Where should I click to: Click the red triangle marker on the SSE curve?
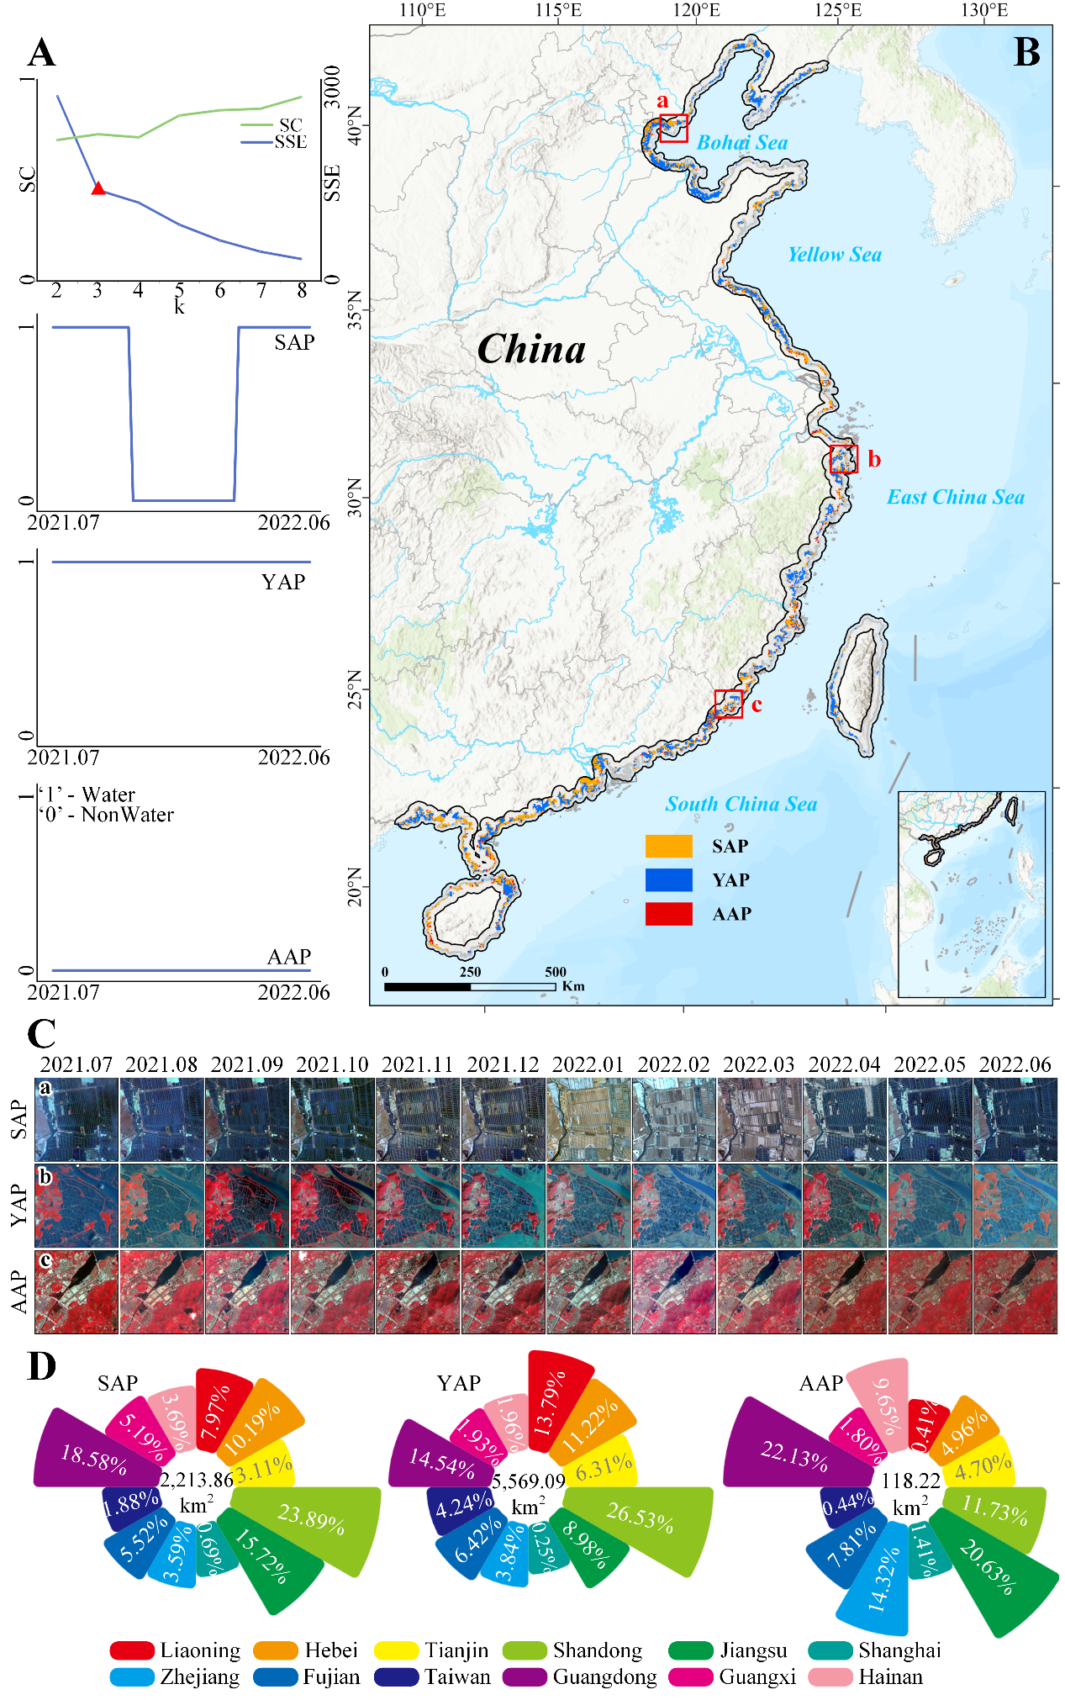98,188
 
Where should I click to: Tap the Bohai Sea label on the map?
742,143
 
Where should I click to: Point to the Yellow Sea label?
834,255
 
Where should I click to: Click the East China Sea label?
956,497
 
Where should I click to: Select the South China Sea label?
741,804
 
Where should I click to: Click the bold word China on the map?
531,349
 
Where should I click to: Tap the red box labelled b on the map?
843,459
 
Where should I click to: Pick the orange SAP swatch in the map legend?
668,846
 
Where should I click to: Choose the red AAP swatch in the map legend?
668,914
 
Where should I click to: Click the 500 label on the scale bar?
555,972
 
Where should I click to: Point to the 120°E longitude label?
698,10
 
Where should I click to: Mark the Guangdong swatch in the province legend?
525,1676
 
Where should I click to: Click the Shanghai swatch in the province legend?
830,1650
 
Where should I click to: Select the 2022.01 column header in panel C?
588,1064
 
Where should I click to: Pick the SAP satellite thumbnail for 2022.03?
759,1120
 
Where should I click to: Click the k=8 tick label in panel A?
302,291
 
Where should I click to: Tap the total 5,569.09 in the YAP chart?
528,1481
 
